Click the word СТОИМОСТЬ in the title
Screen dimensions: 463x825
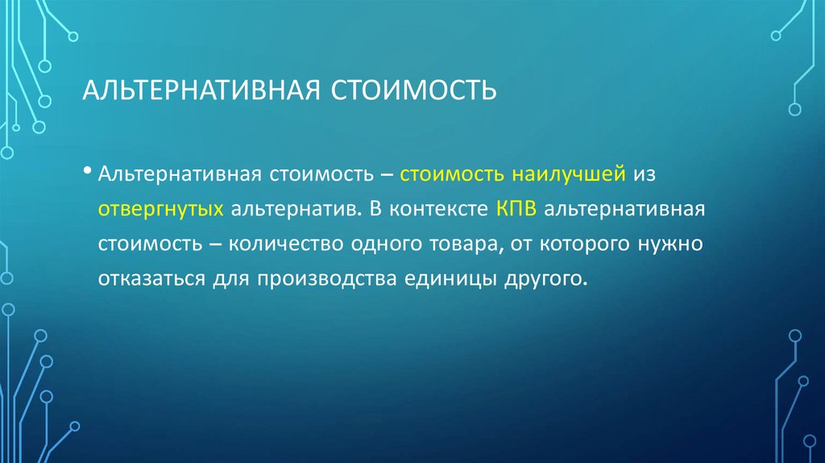411,90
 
